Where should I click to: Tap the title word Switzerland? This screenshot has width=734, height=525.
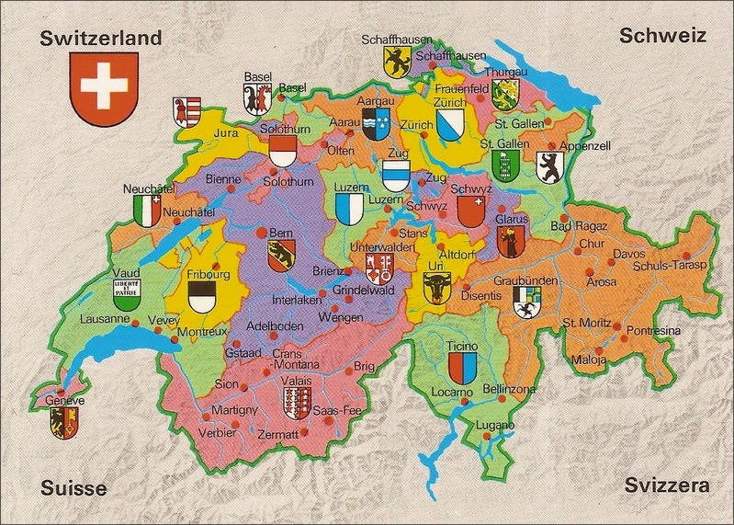tap(102, 38)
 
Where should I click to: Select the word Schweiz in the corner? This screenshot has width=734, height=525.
tap(662, 36)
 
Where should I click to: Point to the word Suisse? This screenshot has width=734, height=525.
tap(73, 487)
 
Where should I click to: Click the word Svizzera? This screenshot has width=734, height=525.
tap(666, 485)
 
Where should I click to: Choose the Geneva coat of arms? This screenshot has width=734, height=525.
tap(64, 422)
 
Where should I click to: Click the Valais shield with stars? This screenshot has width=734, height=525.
tap(298, 402)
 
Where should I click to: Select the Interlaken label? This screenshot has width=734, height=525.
tap(297, 301)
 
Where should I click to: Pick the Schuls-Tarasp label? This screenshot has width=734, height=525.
tap(671, 266)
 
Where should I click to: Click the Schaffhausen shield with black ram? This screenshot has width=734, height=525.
tap(396, 61)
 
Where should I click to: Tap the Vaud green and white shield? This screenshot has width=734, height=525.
tap(127, 292)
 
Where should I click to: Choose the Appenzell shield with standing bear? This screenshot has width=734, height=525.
tap(549, 167)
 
